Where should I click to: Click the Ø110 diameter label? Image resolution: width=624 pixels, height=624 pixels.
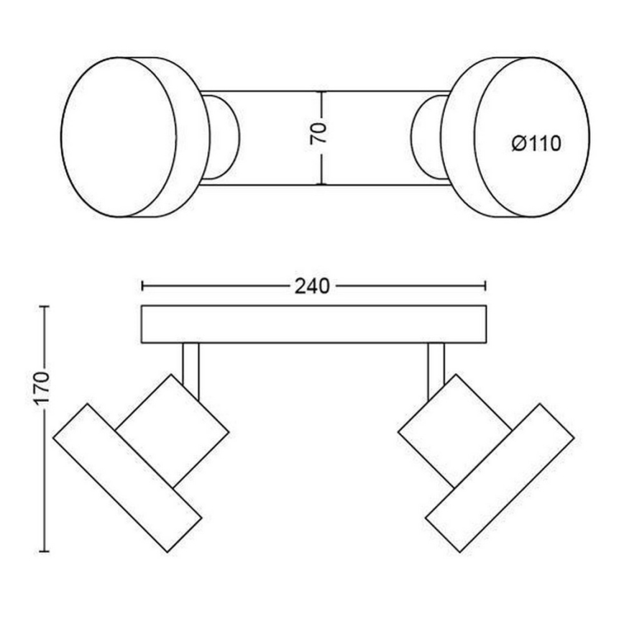536,144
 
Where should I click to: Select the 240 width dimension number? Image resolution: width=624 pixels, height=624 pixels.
312,286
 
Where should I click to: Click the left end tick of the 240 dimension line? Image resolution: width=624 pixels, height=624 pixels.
143,286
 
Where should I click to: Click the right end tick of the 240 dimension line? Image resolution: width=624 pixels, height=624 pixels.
486,286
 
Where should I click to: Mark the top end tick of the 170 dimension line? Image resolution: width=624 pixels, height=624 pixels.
44,307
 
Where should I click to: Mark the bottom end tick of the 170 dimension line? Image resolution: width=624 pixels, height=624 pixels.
44,551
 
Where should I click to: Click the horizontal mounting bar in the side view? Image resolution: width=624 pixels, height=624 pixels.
314,324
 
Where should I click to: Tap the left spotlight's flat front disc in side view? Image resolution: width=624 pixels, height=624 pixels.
127,477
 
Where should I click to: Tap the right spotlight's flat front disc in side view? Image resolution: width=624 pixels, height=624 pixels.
500,477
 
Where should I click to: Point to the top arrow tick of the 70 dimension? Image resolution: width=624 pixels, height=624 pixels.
321,94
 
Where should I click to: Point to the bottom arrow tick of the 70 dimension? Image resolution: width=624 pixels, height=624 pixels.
321,183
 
